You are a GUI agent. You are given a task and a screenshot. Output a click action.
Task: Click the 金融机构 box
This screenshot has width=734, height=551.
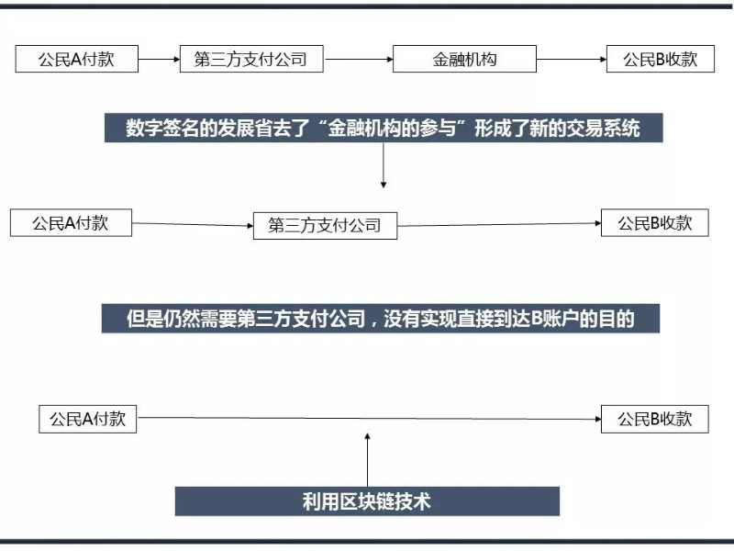coord(464,59)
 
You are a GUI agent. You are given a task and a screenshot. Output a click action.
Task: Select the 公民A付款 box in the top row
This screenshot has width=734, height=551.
coord(77,59)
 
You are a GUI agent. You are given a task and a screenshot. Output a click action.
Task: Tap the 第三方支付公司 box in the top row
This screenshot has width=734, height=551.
coord(251,59)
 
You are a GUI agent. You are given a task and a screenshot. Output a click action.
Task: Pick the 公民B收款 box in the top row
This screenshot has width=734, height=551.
coord(661,59)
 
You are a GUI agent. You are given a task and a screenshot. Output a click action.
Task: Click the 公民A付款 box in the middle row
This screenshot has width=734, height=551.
coord(72,223)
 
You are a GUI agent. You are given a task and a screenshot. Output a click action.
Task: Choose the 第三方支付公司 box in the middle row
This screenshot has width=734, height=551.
coord(326,226)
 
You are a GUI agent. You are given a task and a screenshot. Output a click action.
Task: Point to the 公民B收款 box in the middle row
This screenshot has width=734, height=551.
coord(655,223)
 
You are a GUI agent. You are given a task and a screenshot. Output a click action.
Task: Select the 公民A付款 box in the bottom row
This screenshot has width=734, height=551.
coord(87,420)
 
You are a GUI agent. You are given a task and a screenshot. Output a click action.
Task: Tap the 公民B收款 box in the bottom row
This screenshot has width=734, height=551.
coord(655,420)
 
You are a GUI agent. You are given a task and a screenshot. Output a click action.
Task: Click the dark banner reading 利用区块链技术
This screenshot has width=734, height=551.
coord(368,501)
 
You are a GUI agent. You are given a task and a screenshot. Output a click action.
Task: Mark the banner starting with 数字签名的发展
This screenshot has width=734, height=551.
coord(384,128)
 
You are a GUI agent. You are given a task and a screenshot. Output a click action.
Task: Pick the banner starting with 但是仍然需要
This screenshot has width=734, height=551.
coord(381,319)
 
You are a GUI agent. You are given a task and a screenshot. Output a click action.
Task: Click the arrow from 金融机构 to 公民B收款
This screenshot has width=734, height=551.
coord(572,60)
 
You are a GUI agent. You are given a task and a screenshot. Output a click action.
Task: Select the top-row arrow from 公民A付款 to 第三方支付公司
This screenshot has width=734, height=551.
coord(159,60)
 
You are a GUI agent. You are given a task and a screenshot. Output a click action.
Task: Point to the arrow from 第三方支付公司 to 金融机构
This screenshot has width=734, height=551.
coord(359,60)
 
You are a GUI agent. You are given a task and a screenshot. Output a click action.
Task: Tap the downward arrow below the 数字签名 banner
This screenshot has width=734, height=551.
coord(384,165)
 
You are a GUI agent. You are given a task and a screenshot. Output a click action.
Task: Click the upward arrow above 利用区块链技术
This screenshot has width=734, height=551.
coord(368,460)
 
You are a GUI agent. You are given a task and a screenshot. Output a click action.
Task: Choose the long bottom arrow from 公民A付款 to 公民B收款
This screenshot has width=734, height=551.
coord(370,419)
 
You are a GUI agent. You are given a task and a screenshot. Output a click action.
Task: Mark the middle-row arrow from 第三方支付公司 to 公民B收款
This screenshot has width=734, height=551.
coord(499,224)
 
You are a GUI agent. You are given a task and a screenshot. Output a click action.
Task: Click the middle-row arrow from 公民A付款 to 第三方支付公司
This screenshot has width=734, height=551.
coord(193,224)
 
